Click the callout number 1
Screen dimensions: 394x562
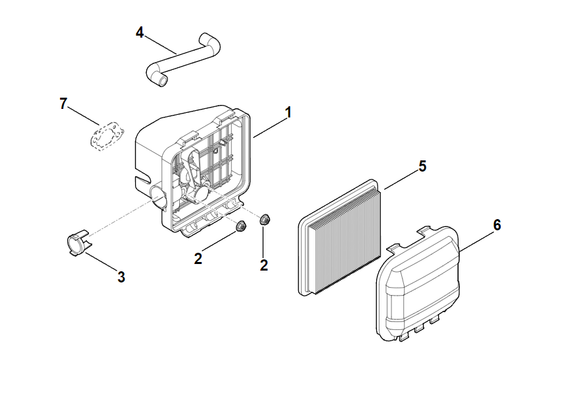(x=288, y=112)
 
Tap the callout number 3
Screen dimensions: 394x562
(x=121, y=277)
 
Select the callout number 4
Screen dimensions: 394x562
(x=140, y=32)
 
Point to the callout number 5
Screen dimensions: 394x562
(x=422, y=166)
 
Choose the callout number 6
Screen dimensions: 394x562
(x=497, y=225)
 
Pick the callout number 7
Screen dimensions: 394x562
(x=63, y=104)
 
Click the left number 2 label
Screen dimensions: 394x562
(x=198, y=259)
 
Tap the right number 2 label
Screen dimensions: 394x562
(x=264, y=265)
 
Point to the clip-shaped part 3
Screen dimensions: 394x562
(x=77, y=242)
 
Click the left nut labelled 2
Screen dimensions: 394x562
(x=240, y=226)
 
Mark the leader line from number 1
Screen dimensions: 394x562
(x=269, y=125)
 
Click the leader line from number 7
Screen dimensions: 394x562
(x=85, y=116)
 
